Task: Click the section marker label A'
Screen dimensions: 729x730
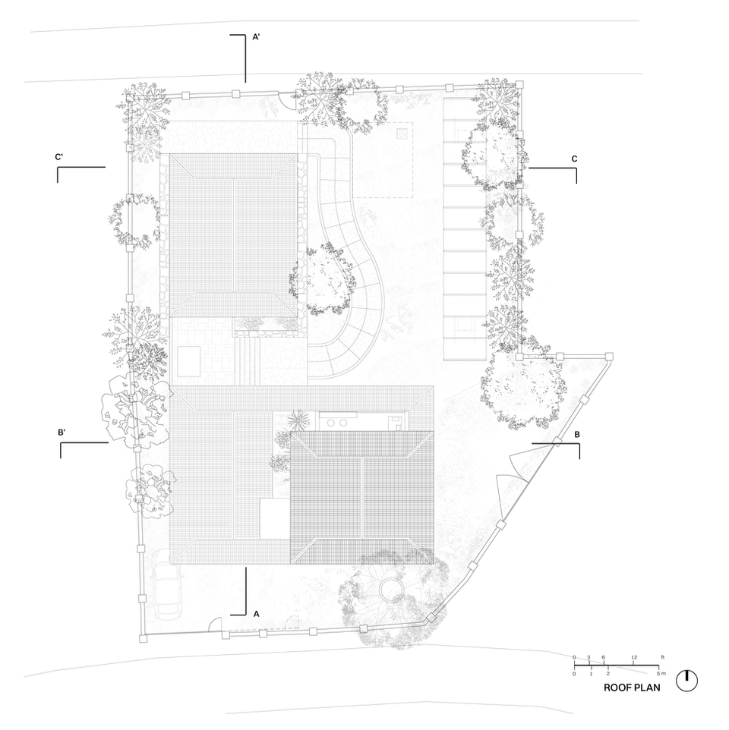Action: tap(257, 36)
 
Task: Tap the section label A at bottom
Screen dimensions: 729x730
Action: tap(256, 612)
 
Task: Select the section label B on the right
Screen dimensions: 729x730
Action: tap(577, 434)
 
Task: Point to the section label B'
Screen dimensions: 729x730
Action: tap(62, 433)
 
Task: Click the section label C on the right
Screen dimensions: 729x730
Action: tap(574, 159)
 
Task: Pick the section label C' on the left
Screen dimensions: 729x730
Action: tap(58, 157)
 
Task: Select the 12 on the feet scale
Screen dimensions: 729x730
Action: tap(633, 657)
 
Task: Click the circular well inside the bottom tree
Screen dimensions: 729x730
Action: tap(390, 588)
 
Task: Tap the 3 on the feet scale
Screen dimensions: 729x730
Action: tap(589, 657)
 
